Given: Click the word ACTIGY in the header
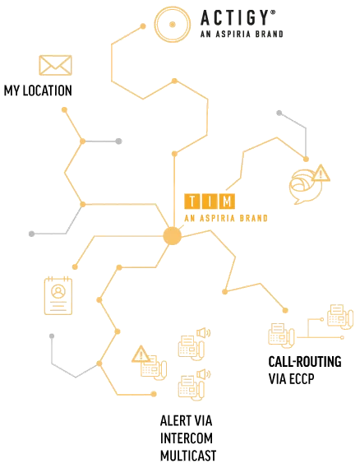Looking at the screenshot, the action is pyautogui.click(x=235, y=18).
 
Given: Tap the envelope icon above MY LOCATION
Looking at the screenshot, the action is pyautogui.click(x=55, y=65).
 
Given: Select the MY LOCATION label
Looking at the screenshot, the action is pyautogui.click(x=38, y=90).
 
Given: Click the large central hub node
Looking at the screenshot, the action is pyautogui.click(x=173, y=236).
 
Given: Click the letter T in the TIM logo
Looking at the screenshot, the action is pyautogui.click(x=192, y=202).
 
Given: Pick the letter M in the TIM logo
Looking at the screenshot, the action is pyautogui.click(x=227, y=202).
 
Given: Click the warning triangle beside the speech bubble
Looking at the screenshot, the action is pyautogui.click(x=321, y=174).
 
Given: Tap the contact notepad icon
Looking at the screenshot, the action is pyautogui.click(x=58, y=296).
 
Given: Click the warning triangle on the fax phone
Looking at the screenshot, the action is pyautogui.click(x=141, y=354).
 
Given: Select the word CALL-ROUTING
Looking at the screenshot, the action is pyautogui.click(x=305, y=362).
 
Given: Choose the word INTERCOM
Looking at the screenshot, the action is pyautogui.click(x=187, y=438).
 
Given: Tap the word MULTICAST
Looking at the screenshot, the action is pyautogui.click(x=188, y=456).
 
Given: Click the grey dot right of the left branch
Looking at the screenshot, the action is pyautogui.click(x=118, y=141).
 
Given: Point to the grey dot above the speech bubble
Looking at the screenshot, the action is pyautogui.click(x=279, y=114).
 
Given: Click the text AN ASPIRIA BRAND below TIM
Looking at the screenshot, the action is pyautogui.click(x=226, y=219).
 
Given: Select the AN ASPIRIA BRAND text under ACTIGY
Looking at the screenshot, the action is pyautogui.click(x=242, y=34).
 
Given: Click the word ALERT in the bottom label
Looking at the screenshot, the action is pyautogui.click(x=173, y=421).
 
